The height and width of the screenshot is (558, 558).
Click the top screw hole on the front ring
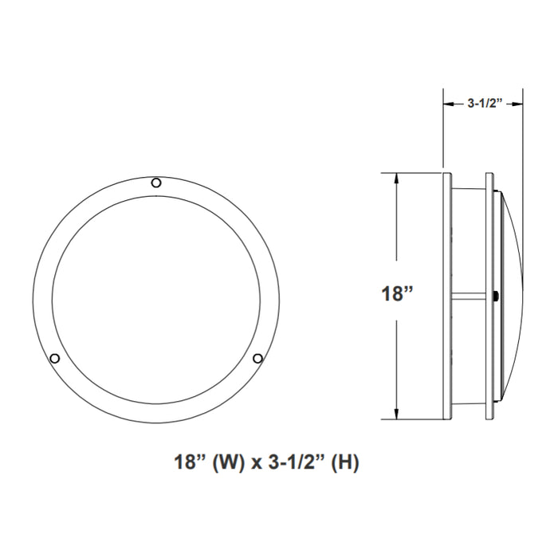[x=156, y=183]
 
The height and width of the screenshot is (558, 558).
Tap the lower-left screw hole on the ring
[x=54, y=359]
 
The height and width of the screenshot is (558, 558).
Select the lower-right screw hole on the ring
[x=257, y=359]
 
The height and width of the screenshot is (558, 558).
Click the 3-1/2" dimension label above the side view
[x=483, y=103]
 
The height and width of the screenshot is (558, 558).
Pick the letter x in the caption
[x=255, y=463]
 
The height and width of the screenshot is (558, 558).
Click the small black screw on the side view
[x=497, y=297]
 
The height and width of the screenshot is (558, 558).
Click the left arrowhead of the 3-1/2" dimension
[x=447, y=103]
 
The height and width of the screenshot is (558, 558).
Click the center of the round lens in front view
[x=156, y=297]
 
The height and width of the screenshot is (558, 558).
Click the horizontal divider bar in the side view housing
[x=473, y=297]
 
